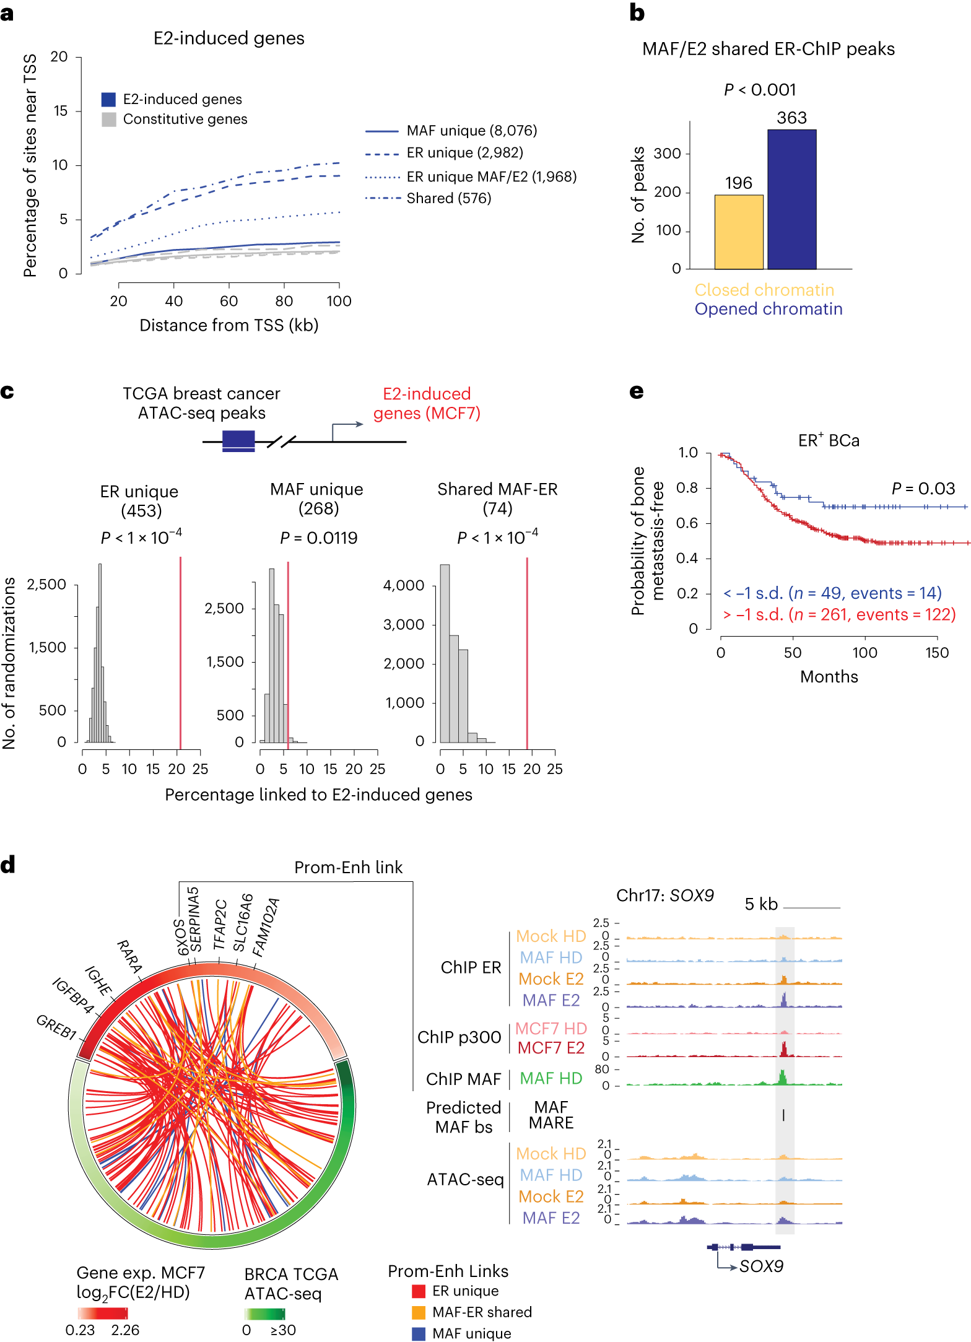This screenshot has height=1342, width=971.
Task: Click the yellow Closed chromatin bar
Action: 739,232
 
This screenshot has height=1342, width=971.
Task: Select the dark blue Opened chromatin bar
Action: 791,199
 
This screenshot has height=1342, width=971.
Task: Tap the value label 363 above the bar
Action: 791,118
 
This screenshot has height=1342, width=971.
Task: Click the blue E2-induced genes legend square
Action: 109,99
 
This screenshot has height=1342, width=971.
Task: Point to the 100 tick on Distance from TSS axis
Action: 339,301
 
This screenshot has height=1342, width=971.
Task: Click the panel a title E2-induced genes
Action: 229,38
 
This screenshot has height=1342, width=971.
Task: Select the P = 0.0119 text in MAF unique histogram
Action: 318,538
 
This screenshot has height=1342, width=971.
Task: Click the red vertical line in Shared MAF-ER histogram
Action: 527,650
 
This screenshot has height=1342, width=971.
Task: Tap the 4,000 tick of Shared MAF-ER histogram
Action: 404,585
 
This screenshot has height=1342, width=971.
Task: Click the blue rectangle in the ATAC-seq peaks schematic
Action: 238,440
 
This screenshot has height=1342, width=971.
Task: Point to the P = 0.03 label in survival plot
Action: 923,489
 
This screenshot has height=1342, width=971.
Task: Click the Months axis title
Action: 829,676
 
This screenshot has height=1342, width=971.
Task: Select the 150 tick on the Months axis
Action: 936,653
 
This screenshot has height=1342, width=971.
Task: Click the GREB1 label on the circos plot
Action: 56,1027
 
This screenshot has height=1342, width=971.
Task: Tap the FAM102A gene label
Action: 266,927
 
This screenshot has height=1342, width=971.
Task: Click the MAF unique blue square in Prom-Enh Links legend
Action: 419,1333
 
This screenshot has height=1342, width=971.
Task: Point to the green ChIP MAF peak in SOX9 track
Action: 783,1077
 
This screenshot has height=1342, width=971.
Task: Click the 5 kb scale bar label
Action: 761,904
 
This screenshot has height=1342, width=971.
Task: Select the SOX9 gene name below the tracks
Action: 761,1266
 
